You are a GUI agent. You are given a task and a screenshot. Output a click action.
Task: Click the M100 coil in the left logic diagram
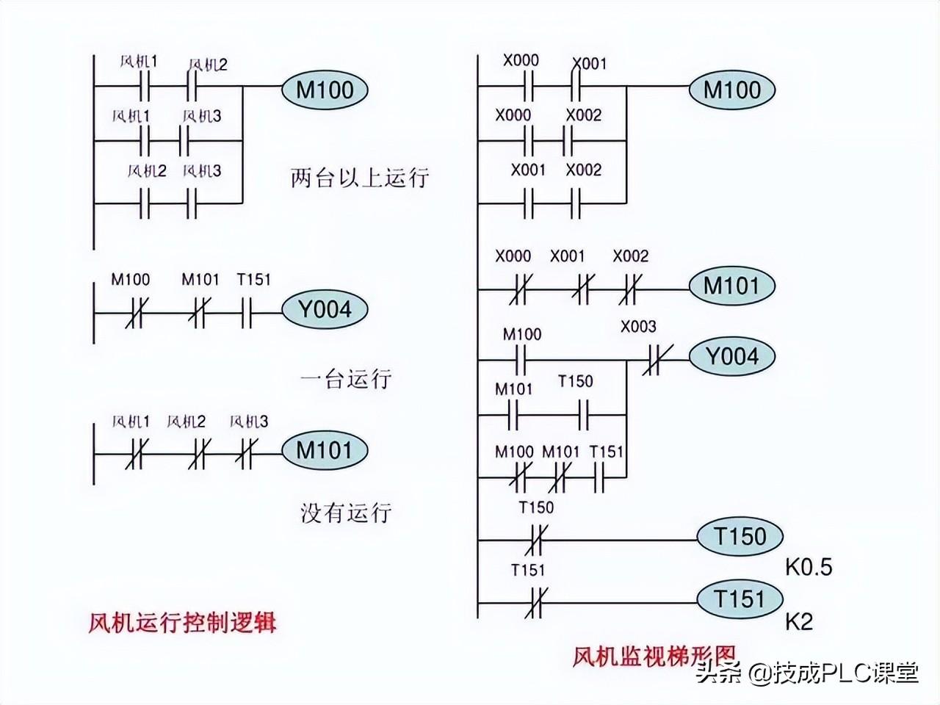pyautogui.click(x=325, y=90)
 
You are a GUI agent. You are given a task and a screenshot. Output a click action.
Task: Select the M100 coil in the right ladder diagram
pyautogui.click(x=732, y=90)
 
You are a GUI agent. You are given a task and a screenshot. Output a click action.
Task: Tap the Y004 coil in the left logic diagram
pyautogui.click(x=325, y=309)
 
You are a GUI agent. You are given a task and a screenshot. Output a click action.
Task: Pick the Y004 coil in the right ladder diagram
pyautogui.click(x=732, y=356)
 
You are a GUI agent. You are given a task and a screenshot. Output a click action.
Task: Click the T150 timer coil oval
pyautogui.click(x=740, y=536)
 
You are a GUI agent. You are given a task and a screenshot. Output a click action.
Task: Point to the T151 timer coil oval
pyautogui.click(x=740, y=599)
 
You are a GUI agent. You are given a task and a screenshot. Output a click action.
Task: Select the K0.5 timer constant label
pyautogui.click(x=809, y=567)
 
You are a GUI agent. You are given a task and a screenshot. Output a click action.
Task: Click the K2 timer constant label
pyautogui.click(x=799, y=622)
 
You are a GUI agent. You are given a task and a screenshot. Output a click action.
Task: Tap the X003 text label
pyautogui.click(x=638, y=327)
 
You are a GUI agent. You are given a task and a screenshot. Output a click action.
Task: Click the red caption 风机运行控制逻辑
pyautogui.click(x=182, y=623)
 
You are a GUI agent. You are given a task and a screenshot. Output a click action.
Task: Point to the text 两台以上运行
pyautogui.click(x=360, y=177)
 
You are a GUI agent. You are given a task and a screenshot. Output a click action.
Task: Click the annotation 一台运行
pyautogui.click(x=346, y=378)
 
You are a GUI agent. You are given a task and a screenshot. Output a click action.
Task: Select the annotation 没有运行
pyautogui.click(x=346, y=513)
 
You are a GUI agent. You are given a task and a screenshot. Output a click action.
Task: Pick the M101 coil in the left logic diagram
pyautogui.click(x=325, y=450)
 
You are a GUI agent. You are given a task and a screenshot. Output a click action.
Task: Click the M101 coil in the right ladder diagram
pyautogui.click(x=732, y=286)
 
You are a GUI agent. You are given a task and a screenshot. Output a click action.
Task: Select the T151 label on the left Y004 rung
pyautogui.click(x=254, y=280)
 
